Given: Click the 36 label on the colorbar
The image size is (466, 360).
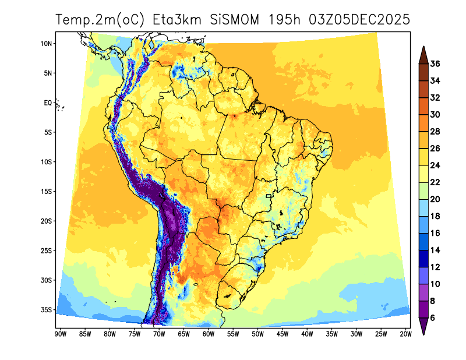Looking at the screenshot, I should click(435, 64).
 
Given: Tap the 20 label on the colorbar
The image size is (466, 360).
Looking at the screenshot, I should click(435, 199).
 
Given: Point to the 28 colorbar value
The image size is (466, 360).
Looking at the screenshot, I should click(435, 132).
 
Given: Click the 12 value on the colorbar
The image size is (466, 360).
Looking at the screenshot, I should click(435, 267).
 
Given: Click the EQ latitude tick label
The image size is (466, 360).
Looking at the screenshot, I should click(48, 103).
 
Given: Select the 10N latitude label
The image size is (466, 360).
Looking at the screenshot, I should click(47, 44).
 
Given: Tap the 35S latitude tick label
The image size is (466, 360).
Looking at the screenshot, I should click(47, 310).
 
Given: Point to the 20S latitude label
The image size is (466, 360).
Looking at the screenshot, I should click(47, 221).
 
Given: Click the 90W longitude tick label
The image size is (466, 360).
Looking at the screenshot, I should click(59, 334).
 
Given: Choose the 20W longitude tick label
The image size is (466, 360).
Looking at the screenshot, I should click(406, 334).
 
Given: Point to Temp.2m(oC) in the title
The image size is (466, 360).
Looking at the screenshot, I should click(100, 20).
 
